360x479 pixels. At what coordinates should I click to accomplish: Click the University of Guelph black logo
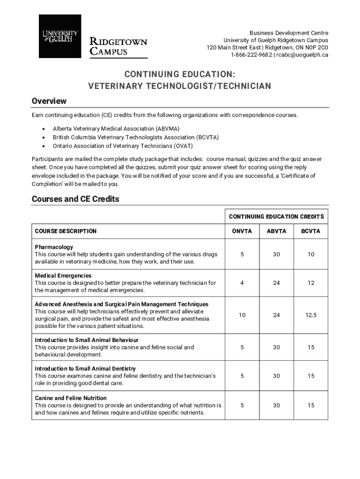[x=60, y=36]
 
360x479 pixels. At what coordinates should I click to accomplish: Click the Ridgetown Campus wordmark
[x=118, y=46]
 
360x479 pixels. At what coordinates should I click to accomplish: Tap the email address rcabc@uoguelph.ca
[x=302, y=55]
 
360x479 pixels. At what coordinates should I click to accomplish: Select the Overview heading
[x=49, y=101]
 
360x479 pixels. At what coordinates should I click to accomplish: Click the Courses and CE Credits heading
[x=75, y=199]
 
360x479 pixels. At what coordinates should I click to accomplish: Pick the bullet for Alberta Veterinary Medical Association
[x=43, y=129]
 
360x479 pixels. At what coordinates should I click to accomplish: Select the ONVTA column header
[x=242, y=231]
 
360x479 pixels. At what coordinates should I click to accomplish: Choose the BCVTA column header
[x=310, y=231]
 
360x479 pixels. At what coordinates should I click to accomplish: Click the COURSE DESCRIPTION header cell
[x=66, y=231]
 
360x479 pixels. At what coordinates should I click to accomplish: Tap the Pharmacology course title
[x=54, y=247]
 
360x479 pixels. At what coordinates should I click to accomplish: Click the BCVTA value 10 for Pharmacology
[x=311, y=254]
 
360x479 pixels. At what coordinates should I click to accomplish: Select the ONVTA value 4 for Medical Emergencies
[x=242, y=283]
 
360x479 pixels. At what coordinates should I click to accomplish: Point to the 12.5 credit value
[x=311, y=315]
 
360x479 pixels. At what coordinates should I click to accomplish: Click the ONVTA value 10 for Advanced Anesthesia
[x=242, y=315]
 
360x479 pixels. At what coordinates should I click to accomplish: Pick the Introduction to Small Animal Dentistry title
[x=86, y=369]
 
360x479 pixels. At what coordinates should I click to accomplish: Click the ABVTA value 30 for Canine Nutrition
[x=276, y=406]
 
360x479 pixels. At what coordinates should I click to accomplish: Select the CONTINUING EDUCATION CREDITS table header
[x=276, y=217]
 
